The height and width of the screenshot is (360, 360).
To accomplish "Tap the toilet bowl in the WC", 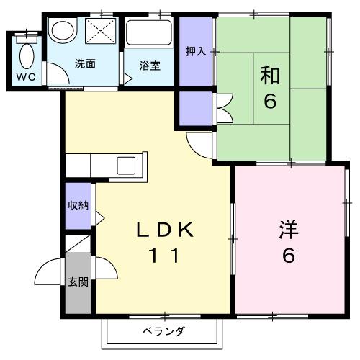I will pos(27,54).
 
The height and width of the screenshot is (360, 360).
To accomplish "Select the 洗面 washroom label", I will pos(86,64).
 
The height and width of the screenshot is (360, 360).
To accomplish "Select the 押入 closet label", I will pos(195,51).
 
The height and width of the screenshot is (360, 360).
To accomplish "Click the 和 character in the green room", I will pos(269,74).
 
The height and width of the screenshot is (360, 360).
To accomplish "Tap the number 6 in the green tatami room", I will pos(269,101).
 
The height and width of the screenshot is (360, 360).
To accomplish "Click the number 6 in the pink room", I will pos(288,256).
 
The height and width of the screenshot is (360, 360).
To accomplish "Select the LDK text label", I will pos(165,231).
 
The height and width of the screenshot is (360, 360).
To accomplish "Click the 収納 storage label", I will pos(78,205).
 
